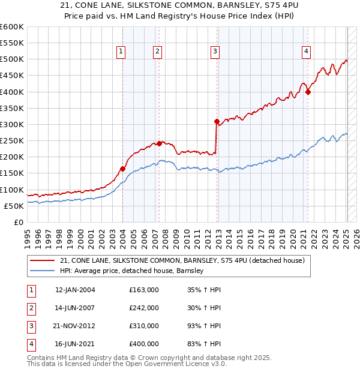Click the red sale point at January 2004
pyautogui.click(x=122, y=169)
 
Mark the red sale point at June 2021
pyautogui.click(x=308, y=92)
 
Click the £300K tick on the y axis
pyautogui.click(x=11, y=124)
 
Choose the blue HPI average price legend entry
pyautogui.click(x=132, y=271)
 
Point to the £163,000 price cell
pyautogui.click(x=144, y=290)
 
